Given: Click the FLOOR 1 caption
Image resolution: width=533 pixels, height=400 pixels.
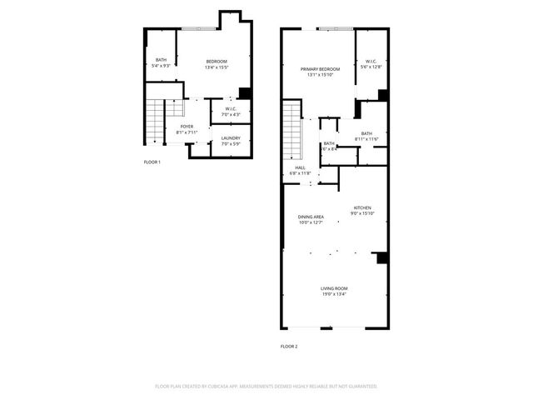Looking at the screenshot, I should [x=152, y=162].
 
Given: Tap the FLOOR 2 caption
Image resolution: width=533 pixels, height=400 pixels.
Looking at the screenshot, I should [x=289, y=346].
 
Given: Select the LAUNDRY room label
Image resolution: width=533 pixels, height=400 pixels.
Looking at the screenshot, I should [x=231, y=138].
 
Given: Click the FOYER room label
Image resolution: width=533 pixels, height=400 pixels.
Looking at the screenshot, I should [x=187, y=127].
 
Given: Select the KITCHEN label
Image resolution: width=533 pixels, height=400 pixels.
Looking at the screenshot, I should [x=361, y=207].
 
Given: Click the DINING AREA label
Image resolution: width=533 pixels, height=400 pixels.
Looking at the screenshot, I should [x=311, y=217].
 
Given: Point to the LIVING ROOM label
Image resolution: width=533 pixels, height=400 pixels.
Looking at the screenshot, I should [x=334, y=288].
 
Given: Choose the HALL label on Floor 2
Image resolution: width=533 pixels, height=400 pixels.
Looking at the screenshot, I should [x=300, y=167].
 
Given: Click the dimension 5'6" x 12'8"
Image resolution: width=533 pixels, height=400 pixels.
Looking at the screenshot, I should [x=371, y=67].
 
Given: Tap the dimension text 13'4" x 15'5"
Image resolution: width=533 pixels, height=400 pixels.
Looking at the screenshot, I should [x=216, y=67].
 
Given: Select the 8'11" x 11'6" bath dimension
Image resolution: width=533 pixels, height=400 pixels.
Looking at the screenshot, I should [x=366, y=138].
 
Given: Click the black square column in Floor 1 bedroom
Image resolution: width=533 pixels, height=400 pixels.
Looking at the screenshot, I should [x=245, y=93].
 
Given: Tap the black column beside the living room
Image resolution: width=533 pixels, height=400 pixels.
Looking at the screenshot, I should [x=381, y=258].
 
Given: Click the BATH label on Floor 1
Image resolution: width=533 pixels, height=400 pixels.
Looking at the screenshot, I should [x=160, y=60].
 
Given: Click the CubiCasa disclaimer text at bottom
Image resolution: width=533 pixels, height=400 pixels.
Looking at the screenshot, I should [x=266, y=386].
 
